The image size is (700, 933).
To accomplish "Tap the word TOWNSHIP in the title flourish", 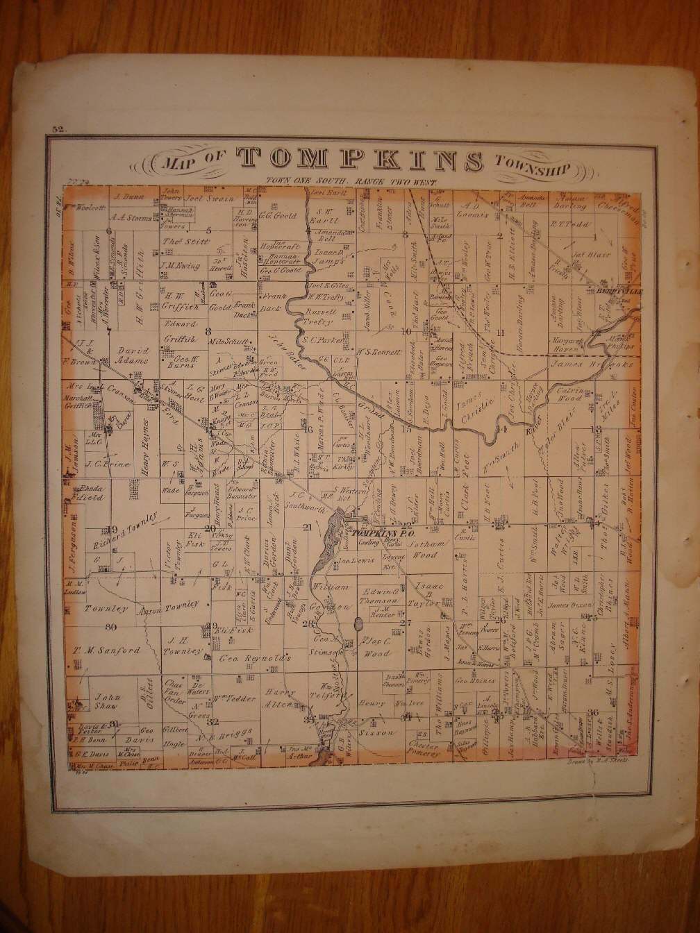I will (x=532, y=167).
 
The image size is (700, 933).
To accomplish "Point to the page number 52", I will (x=57, y=129).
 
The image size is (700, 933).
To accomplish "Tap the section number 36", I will (x=592, y=712).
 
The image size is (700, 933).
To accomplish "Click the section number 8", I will (x=208, y=330).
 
